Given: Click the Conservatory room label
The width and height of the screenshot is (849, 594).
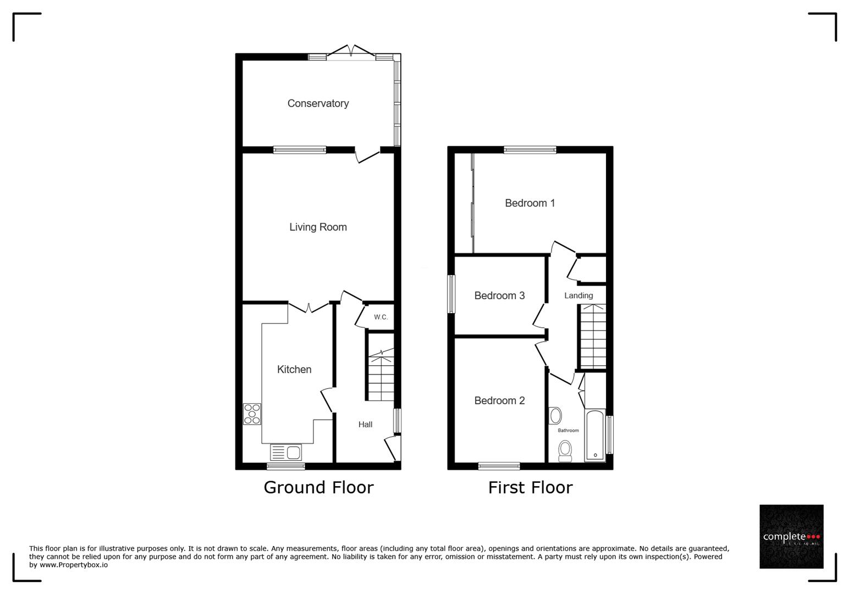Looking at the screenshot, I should tap(318, 103).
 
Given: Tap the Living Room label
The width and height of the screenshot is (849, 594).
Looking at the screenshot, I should tap(318, 227).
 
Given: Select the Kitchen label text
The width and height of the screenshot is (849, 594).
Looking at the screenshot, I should tap(294, 370).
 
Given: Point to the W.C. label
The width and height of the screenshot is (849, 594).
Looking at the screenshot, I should tap(381, 317).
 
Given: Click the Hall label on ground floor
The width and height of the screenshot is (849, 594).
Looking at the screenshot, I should tap(365, 425).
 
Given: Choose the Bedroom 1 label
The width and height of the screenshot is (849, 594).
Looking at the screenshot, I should tap(530, 204).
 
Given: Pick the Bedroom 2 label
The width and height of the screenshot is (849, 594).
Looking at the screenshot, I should tap(499, 401).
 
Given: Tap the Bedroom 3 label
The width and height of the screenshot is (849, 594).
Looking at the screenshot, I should tap(499, 296).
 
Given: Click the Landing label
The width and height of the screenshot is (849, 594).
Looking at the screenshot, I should tap(578, 296).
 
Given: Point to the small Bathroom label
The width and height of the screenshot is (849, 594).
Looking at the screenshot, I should tap(568, 431).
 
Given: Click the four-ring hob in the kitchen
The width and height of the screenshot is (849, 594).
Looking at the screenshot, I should tap(252, 414).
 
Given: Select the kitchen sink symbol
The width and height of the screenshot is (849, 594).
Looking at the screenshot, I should tap(286, 453).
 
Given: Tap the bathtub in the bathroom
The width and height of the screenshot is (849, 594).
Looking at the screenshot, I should tap(594, 435).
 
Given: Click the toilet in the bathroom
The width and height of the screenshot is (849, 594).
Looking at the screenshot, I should tap(565, 451).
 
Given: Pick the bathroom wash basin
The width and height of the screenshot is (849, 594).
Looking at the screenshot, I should tap(555, 415).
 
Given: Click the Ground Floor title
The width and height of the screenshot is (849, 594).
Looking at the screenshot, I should tap(318, 487).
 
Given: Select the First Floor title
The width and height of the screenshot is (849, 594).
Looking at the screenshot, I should tap(530, 487).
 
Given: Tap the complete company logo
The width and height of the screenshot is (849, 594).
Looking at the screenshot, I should tap(791, 536).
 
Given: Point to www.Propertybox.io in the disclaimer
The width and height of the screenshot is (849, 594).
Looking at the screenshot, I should tap(74, 565).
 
